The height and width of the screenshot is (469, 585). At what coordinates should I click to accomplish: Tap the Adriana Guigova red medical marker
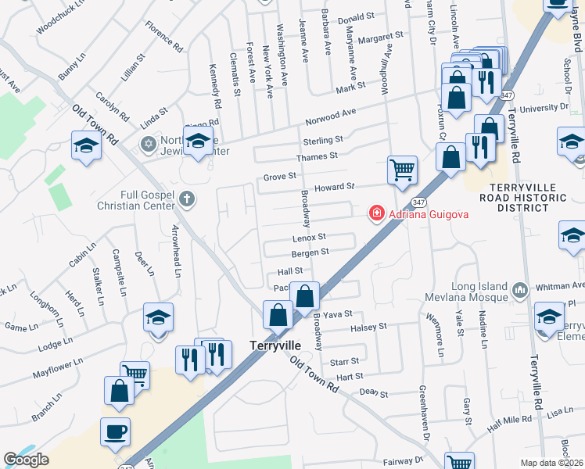(x=376, y=213)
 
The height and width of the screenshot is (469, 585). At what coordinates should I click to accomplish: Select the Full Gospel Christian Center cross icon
(x=186, y=199)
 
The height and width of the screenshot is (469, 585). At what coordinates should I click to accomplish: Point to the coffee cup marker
(x=116, y=431)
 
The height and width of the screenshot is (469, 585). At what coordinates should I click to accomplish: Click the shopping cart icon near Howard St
(x=402, y=169)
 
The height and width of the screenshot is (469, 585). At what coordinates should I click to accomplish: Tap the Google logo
(x=26, y=460)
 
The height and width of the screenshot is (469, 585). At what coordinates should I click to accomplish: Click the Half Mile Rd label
(x=507, y=423)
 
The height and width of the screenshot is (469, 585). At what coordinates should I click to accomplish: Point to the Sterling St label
(x=323, y=140)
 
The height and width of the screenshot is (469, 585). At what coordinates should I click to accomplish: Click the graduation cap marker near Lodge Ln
(x=158, y=318)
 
